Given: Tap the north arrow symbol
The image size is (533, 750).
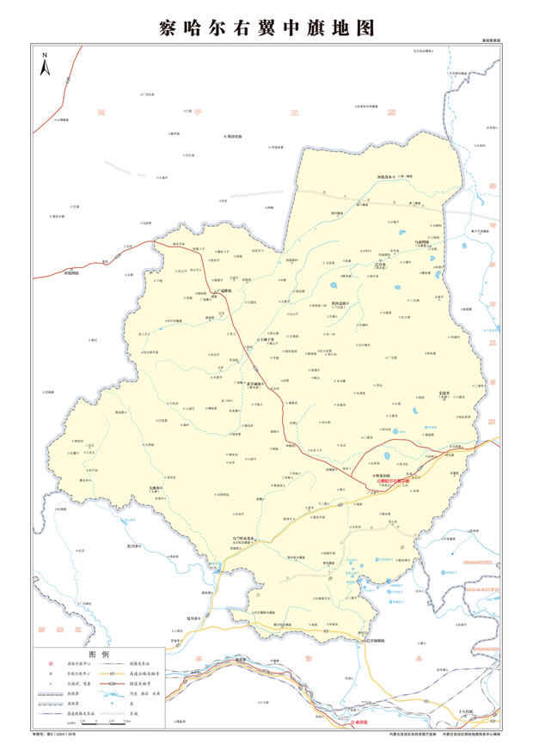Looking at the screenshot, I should pyautogui.click(x=44, y=67).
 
